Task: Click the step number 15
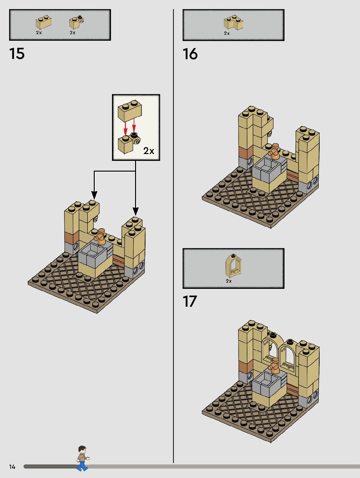click(x=17, y=54)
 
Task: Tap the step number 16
click(x=190, y=54)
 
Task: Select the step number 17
click(x=190, y=302)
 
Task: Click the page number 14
click(x=12, y=467)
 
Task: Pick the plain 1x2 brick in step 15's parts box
click(x=44, y=22)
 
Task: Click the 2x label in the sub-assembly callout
click(x=149, y=151)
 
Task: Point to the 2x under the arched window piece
click(x=229, y=281)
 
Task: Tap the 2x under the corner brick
click(x=227, y=33)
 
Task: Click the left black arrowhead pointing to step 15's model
click(x=94, y=195)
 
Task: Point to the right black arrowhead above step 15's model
click(x=135, y=211)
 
